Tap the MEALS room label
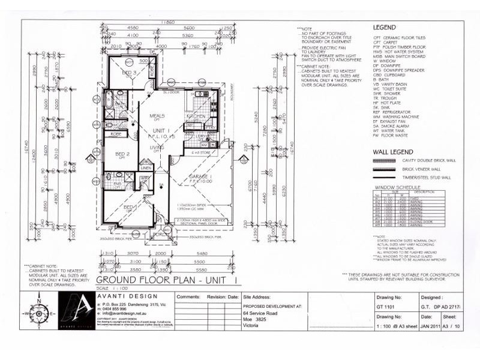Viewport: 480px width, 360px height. (158, 116)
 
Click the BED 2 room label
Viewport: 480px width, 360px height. (122, 154)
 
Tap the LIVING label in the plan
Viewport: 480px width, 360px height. (157, 147)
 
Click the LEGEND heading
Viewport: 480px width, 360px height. (384, 28)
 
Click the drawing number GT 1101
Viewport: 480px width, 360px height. (387, 306)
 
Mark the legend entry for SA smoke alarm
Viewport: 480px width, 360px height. (393, 127)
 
